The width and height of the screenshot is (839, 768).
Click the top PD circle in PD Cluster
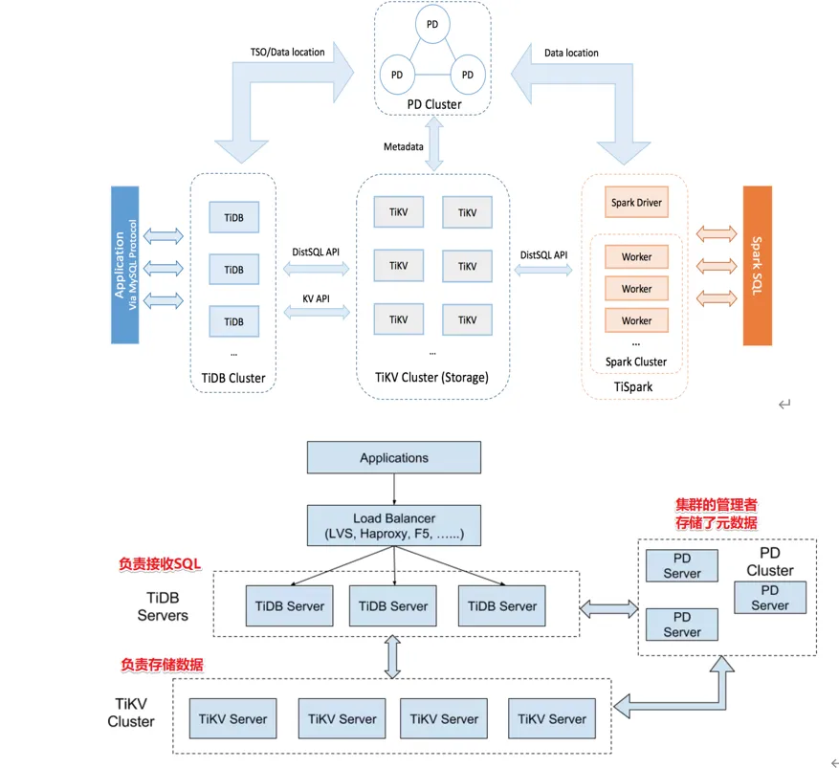pos(432,23)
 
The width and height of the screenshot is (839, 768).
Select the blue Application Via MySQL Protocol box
pos(125,265)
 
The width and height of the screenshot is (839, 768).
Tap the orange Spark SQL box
pos(756,265)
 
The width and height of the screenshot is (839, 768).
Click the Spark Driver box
pos(636,203)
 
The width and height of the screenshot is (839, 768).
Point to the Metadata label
pos(404,146)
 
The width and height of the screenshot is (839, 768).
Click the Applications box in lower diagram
pos(394,458)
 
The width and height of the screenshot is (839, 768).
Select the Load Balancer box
pos(394,526)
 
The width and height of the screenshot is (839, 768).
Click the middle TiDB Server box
pos(394,606)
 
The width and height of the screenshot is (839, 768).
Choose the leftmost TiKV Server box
pos(233,718)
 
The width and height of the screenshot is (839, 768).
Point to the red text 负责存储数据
pos(162,664)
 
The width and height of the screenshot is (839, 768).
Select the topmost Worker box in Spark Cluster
pos(636,256)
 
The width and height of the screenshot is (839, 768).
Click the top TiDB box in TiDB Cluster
pos(233,218)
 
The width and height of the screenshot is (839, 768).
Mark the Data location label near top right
pos(571,53)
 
